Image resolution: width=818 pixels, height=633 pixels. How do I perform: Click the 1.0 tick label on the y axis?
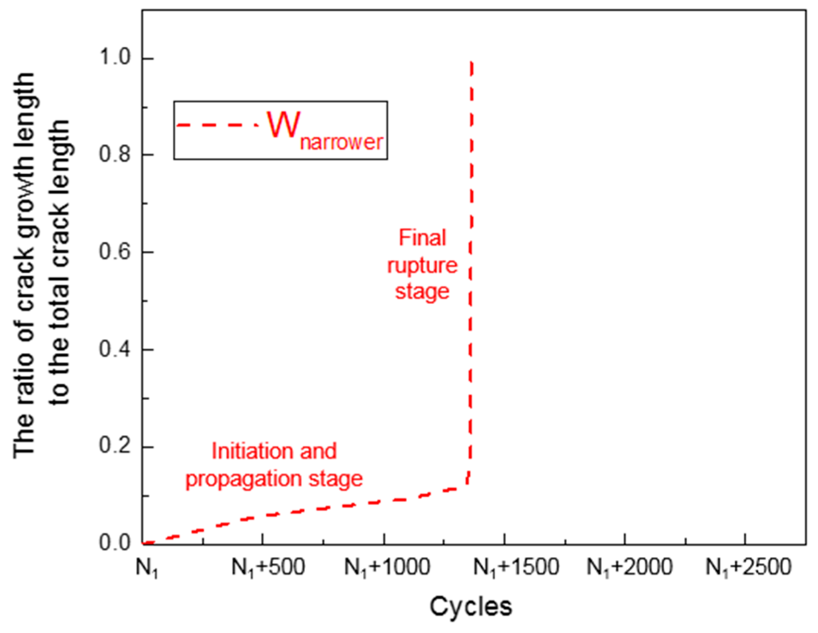pos(115,58)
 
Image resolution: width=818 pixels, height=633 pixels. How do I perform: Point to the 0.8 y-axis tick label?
pos(115,155)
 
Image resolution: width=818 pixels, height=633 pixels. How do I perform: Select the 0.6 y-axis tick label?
pos(115,252)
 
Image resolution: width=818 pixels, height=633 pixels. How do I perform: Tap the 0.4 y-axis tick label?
pos(115,349)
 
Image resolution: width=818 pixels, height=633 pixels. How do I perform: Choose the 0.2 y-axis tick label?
pos(115,447)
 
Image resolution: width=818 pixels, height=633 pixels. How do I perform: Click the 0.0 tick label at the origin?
pos(115,543)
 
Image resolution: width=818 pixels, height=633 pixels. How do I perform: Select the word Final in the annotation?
pos(422,238)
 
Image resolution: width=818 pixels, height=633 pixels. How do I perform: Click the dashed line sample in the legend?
pos(217,125)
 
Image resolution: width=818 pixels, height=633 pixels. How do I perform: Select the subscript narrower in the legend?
pos(341,142)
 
